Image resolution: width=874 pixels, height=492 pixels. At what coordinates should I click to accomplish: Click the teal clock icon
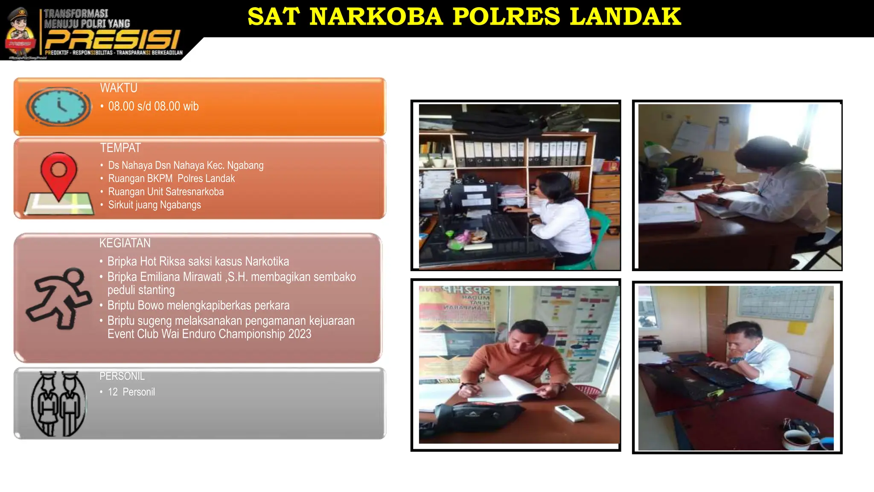[x=58, y=106]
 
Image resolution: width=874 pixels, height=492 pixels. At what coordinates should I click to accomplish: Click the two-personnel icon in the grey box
[x=58, y=404]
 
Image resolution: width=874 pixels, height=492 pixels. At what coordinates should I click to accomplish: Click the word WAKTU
[x=119, y=88]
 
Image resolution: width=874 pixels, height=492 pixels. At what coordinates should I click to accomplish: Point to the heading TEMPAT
[x=120, y=148]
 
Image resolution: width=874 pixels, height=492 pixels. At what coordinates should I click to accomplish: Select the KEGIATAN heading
[x=125, y=243]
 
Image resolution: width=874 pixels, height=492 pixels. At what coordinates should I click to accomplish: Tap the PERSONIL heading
[x=122, y=376]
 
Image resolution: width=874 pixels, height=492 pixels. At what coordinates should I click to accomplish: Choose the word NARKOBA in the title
[x=376, y=17]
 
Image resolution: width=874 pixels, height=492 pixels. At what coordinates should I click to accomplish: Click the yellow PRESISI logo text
[x=112, y=40]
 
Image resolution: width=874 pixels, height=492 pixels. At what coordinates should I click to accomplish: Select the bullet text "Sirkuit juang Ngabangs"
[x=154, y=205]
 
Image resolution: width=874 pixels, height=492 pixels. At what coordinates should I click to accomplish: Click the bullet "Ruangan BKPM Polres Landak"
[x=171, y=179]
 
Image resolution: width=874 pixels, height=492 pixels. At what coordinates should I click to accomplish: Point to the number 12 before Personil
[x=113, y=392]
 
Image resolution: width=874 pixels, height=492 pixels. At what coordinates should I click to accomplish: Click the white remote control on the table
[x=569, y=413]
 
